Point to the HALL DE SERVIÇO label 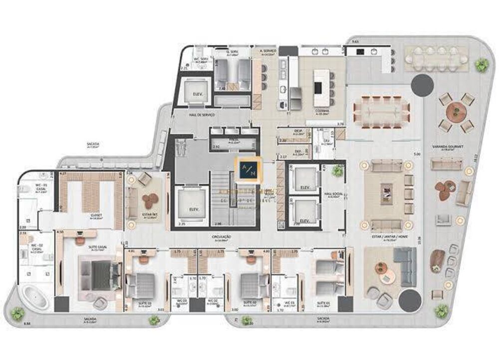(x=202, y=115)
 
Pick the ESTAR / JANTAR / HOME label (x=388, y=238)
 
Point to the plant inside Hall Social (x=338, y=171)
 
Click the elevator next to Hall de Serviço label (x=193, y=91)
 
